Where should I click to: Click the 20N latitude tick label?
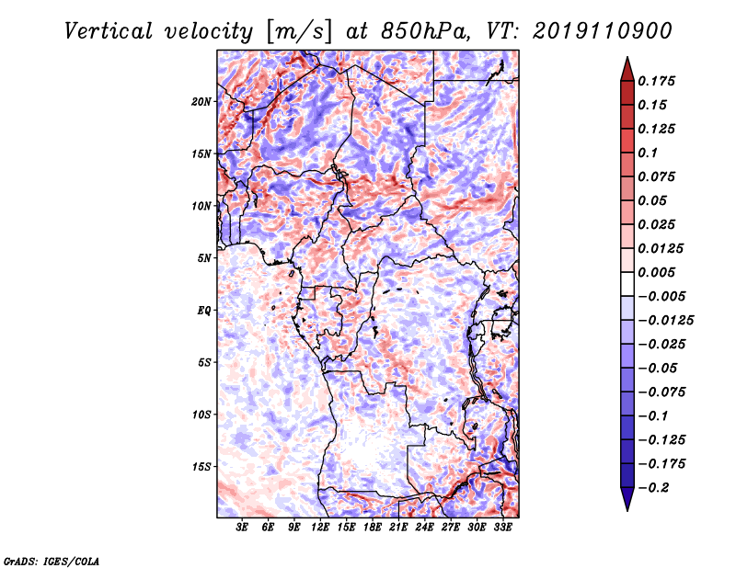tap(201, 102)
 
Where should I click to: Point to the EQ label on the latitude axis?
tap(204, 311)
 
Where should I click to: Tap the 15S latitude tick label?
tap(201, 467)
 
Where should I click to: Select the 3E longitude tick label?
tap(242, 527)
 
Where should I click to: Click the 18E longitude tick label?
tap(373, 527)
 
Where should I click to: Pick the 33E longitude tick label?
tap(502, 527)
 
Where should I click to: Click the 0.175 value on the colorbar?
tap(657, 81)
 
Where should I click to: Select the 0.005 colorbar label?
tap(657, 272)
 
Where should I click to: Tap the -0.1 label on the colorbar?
tap(653, 416)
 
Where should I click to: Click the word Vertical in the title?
tap(109, 31)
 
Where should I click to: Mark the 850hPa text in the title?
tap(425, 31)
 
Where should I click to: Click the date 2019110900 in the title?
tap(603, 31)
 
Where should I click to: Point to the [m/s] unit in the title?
tap(299, 32)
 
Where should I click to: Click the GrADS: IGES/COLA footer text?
tap(52, 562)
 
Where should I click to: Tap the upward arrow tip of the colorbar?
tap(627, 57)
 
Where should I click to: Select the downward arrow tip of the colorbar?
tap(627, 510)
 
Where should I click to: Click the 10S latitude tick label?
tap(201, 415)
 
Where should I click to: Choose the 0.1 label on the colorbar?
tap(649, 153)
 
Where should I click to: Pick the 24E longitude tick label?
tap(424, 527)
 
